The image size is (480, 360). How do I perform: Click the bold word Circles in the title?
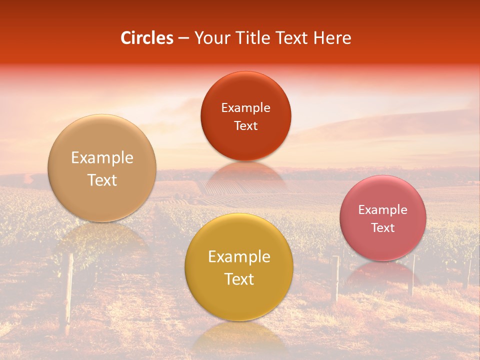[147, 38]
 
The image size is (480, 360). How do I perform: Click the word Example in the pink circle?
[383, 210]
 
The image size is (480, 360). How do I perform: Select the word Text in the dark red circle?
[245, 126]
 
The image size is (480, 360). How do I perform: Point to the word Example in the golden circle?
[239, 257]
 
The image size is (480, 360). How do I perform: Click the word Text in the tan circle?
[102, 180]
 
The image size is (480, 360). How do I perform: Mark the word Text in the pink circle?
[383, 228]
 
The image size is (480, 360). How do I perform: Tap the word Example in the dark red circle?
[245, 108]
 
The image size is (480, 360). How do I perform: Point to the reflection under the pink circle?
[383, 272]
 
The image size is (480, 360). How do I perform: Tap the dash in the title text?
[183, 38]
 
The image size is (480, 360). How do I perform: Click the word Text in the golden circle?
[239, 279]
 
